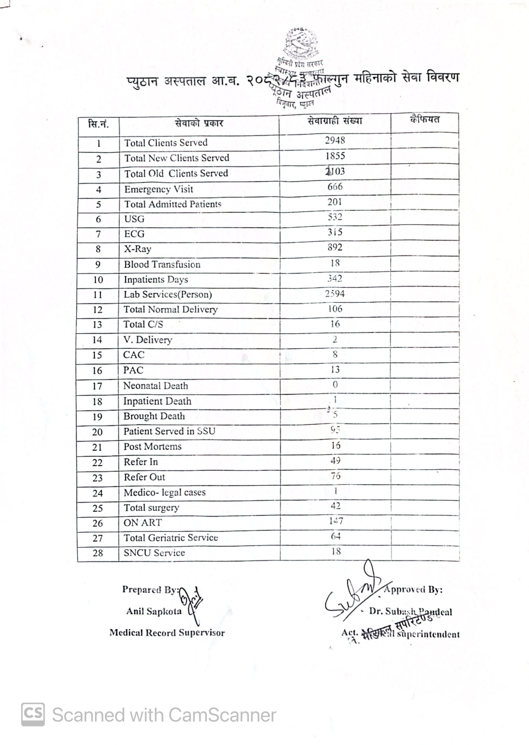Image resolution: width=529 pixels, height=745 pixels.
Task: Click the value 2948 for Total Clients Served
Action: (x=335, y=140)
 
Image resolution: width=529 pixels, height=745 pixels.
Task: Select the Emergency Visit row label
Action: (x=159, y=189)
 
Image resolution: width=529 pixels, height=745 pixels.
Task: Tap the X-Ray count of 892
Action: (x=335, y=247)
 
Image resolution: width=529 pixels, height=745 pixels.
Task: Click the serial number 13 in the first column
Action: (x=97, y=325)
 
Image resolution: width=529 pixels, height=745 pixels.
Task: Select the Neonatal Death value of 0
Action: (x=335, y=384)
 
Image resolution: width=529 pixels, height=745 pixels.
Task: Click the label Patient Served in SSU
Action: (x=169, y=431)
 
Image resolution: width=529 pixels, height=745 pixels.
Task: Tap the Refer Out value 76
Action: (x=336, y=476)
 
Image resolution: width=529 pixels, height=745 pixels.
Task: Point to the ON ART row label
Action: (x=142, y=523)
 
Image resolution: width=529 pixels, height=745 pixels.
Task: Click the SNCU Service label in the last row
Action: (x=154, y=553)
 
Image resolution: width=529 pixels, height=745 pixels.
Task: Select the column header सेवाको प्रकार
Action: (x=199, y=124)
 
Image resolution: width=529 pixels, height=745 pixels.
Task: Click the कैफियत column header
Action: (x=424, y=120)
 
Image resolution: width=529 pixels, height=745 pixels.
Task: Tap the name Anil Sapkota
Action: (x=154, y=611)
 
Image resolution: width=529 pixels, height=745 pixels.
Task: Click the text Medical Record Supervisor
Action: (x=167, y=633)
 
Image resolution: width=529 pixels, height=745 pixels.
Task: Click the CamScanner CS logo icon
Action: (x=33, y=714)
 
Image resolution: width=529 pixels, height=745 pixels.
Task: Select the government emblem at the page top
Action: (x=301, y=42)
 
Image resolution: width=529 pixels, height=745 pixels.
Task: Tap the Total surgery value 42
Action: (x=336, y=506)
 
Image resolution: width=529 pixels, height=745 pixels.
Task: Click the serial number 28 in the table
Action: (x=98, y=553)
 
